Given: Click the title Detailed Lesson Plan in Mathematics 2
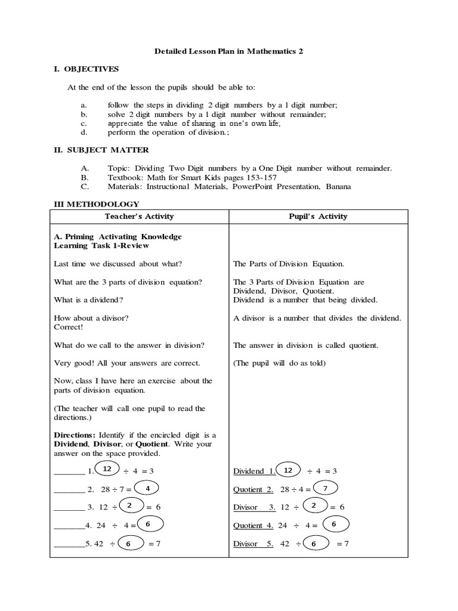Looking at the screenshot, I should (229, 52).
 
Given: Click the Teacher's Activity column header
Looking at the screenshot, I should (139, 217).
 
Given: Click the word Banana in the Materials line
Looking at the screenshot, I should (338, 187).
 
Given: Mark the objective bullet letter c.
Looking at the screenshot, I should (83, 124).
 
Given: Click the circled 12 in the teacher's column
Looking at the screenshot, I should (107, 470).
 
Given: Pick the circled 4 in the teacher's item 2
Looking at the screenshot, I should (147, 488).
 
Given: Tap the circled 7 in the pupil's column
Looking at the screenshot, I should (325, 488).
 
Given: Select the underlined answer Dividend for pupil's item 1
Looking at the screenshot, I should (248, 471).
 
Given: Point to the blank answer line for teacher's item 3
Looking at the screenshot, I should (69, 507).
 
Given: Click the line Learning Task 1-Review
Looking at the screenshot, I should (101, 246).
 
